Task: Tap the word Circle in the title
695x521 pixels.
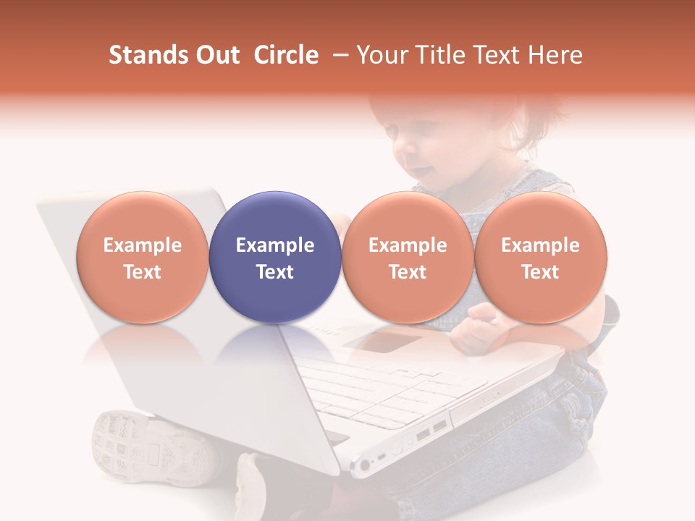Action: (286, 55)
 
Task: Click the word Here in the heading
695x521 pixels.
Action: (555, 55)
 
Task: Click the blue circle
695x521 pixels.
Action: (275, 257)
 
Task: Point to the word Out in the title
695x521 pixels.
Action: (216, 55)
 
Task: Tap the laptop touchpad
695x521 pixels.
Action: (384, 339)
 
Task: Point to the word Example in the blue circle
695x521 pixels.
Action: (275, 245)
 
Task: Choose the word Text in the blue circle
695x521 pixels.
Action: (275, 272)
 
